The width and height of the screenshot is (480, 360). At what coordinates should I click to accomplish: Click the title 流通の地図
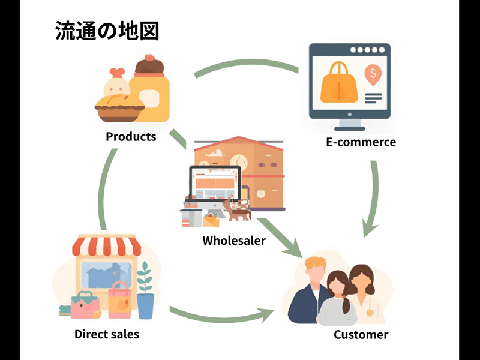click(107, 31)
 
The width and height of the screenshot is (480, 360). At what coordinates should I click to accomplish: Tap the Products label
click(131, 136)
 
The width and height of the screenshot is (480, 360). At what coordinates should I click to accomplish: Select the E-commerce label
click(361, 142)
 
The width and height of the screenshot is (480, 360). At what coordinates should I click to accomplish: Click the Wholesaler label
click(234, 241)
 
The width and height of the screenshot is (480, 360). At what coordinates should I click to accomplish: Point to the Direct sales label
click(107, 334)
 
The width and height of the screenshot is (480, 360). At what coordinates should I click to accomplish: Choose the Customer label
click(361, 334)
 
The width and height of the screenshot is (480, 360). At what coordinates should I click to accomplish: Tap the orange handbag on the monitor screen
click(338, 85)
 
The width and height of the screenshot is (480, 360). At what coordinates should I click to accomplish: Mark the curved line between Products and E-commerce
click(246, 65)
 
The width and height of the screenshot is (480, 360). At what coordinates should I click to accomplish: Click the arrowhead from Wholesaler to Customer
click(293, 247)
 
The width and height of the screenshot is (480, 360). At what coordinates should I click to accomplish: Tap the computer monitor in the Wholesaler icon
click(214, 184)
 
